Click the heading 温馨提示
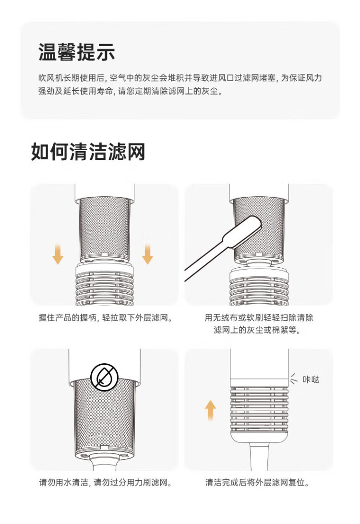(76, 52)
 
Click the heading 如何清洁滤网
(88, 152)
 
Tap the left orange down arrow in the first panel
(58, 254)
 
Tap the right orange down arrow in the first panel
(147, 254)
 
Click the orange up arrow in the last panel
(210, 410)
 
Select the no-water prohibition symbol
(104, 377)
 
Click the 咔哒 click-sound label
(311, 379)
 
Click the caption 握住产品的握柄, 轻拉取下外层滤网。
(106, 318)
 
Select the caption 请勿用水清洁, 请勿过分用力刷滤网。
(105, 482)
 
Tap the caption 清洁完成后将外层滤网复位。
(257, 482)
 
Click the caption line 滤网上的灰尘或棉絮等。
(257, 330)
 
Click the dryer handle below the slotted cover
(259, 456)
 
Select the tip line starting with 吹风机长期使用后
(180, 78)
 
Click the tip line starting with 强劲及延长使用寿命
(131, 91)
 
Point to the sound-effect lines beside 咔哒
(293, 379)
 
